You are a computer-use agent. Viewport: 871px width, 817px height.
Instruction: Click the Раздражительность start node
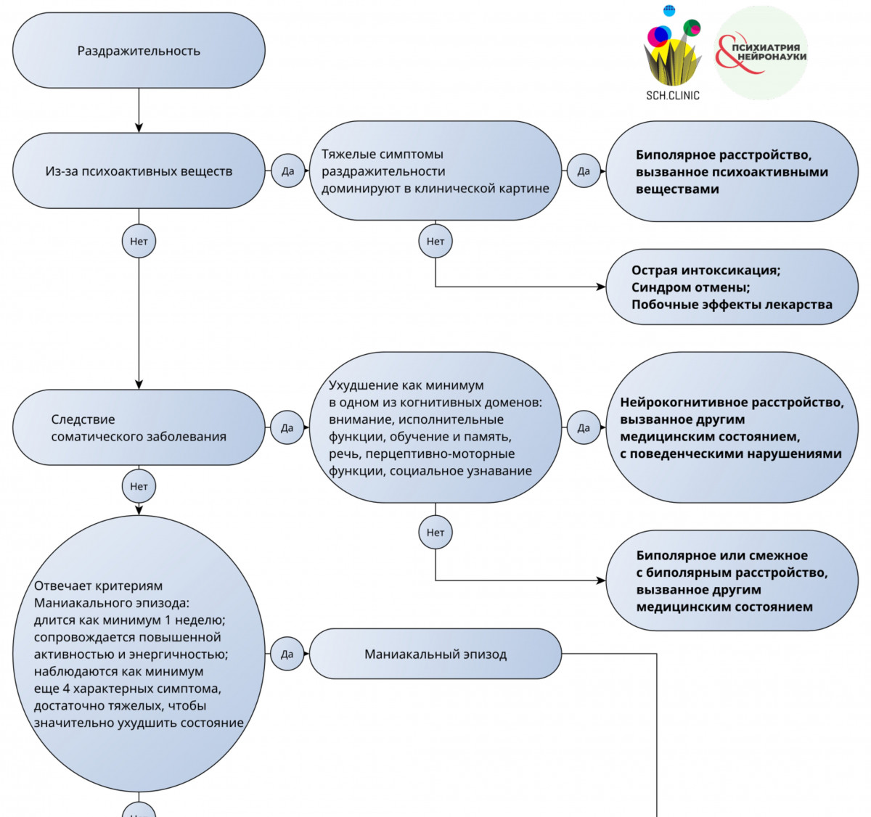coord(139,50)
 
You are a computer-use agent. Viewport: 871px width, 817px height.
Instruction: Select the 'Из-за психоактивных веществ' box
coord(139,171)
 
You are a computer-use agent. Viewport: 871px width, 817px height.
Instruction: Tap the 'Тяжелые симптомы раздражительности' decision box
coord(435,171)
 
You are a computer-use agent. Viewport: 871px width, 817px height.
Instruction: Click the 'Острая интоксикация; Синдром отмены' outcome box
coord(732,287)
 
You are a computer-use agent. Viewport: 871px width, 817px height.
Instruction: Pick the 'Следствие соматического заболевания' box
coord(139,427)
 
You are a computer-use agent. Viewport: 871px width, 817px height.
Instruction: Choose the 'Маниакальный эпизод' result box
coord(435,654)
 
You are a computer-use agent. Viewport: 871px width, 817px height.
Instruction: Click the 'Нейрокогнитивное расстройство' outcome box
coord(732,427)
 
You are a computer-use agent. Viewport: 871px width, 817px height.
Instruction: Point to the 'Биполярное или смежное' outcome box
coord(732,580)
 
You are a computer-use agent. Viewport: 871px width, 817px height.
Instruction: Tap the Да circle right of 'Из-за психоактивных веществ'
coord(287,171)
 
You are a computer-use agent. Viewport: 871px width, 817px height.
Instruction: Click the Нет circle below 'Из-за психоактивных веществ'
coord(139,241)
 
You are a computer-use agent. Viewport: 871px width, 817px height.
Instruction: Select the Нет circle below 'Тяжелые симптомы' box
coord(435,241)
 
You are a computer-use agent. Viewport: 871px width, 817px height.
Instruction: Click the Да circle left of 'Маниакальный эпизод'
coord(287,654)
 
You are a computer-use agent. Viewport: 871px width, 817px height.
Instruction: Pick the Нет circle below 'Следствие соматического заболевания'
coord(139,486)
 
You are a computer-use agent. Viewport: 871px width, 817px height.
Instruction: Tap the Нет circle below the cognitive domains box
coord(435,532)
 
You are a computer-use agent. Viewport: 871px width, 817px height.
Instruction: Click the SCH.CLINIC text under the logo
coord(672,95)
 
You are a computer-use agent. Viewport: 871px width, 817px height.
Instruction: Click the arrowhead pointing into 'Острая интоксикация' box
coord(601,287)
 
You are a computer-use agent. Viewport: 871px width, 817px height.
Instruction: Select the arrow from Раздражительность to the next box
coord(139,110)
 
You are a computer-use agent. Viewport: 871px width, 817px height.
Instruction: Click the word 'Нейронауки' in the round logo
coord(772,56)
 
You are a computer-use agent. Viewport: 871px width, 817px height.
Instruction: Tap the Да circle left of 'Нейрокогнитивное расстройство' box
coord(584,427)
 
